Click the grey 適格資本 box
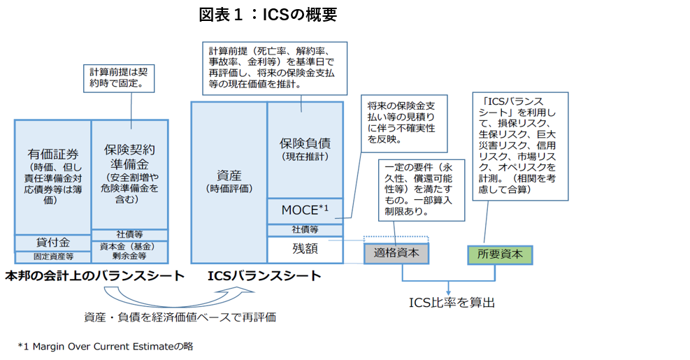pyautogui.click(x=396, y=253)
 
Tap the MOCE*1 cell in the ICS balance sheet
pyautogui.click(x=305, y=210)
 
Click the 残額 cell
pyautogui.click(x=305, y=249)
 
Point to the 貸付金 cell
pyautogui.click(x=53, y=243)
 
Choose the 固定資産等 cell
pyautogui.click(x=53, y=257)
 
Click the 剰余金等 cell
pyautogui.click(x=129, y=257)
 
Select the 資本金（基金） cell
pyautogui.click(x=129, y=246)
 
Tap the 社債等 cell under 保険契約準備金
pyautogui.click(x=129, y=234)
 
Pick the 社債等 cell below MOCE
pyautogui.click(x=305, y=229)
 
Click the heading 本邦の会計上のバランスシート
pyautogui.click(x=94, y=276)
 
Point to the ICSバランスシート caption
pyautogui.click(x=264, y=276)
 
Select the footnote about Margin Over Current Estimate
pyautogui.click(x=106, y=345)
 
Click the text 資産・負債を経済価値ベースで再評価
pyautogui.click(x=180, y=317)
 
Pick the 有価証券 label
pyautogui.click(x=53, y=154)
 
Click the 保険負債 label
pyautogui.click(x=305, y=143)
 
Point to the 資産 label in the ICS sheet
pyautogui.click(x=229, y=174)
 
